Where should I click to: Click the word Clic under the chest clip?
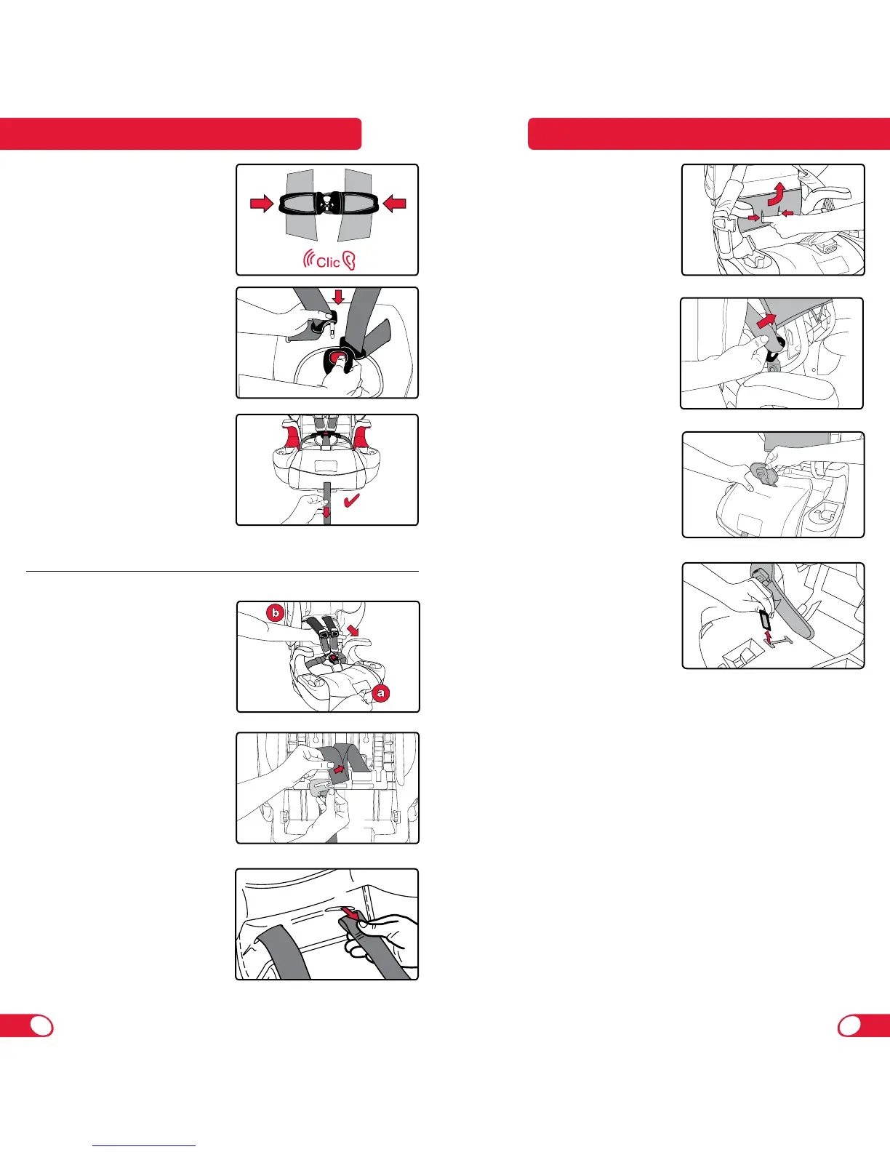[x=328, y=262]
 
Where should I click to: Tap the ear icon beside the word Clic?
[x=349, y=261]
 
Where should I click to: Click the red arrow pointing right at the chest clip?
[x=262, y=203]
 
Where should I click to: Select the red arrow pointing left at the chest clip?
[x=394, y=203]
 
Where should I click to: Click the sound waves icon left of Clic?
[x=309, y=260]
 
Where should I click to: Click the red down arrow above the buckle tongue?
[x=338, y=296]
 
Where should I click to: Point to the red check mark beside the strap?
[x=352, y=500]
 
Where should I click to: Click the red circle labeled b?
[x=275, y=613]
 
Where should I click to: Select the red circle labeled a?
[x=380, y=693]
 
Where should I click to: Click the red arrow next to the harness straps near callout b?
[x=352, y=629]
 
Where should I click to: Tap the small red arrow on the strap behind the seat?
[x=338, y=769]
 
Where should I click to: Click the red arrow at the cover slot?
[x=350, y=913]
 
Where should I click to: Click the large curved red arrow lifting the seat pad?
[x=776, y=193]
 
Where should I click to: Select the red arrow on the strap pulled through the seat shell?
[x=766, y=320]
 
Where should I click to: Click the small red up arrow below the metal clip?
[x=768, y=636]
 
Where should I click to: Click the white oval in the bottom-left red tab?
[x=41, y=1026]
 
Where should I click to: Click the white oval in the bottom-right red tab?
[x=850, y=1026]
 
